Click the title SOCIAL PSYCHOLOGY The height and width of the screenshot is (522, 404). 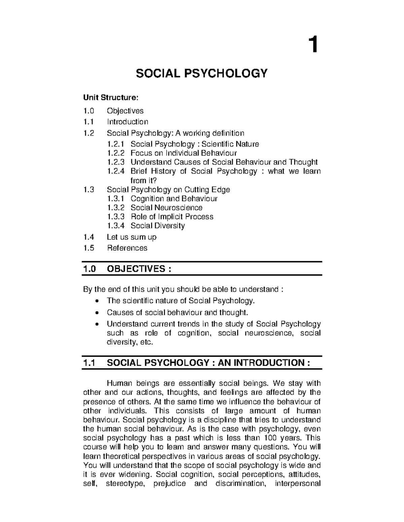tap(202, 73)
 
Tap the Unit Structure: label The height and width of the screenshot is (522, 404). tap(110, 97)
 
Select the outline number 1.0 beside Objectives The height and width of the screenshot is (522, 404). tap(89, 111)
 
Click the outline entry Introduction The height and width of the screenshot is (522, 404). tap(127, 122)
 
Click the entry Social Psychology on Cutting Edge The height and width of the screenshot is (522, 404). tap(168, 190)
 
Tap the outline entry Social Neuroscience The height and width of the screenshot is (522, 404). tap(166, 208)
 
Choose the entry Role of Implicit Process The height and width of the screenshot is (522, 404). tap(172, 217)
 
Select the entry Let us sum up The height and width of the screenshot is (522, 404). tap(131, 237)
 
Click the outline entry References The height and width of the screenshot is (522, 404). tap(127, 248)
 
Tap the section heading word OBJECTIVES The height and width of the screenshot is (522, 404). tap(136, 269)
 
